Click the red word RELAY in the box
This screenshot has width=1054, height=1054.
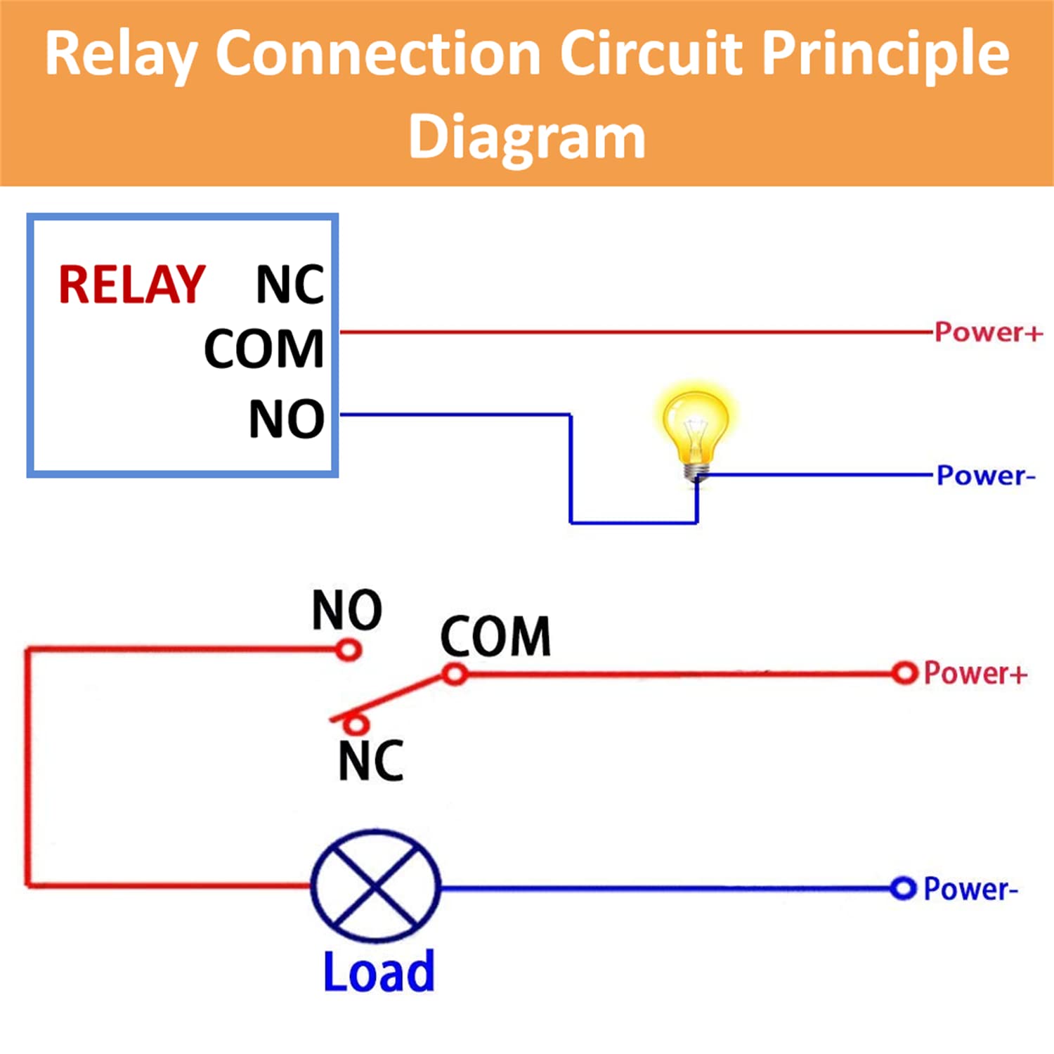coord(131,285)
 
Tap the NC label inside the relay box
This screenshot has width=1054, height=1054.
coord(289,285)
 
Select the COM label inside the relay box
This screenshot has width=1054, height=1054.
coord(264,349)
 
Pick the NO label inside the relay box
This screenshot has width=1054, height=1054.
coord(287,419)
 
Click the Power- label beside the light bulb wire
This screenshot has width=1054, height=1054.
coord(986,476)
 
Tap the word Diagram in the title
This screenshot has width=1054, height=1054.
coord(527,136)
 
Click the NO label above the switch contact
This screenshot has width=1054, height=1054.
coord(347,610)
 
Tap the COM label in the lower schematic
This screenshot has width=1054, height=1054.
coord(495,637)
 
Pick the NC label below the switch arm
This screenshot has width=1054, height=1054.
coord(371,761)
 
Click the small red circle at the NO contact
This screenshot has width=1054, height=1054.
coord(349,650)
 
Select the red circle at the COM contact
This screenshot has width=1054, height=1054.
coord(455,675)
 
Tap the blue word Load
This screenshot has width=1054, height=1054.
coord(379,972)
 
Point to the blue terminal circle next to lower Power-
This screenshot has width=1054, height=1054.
coord(903,888)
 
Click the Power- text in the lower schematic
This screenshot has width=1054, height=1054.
coord(970,889)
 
